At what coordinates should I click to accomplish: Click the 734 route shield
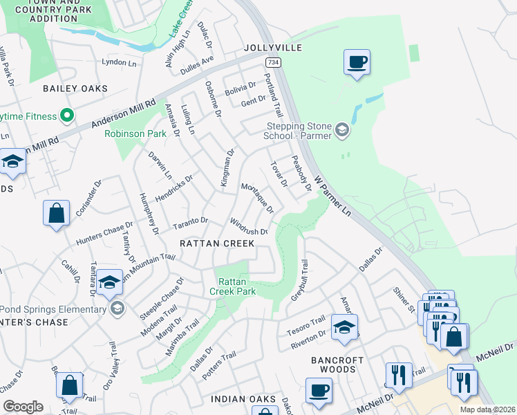[x=274, y=63]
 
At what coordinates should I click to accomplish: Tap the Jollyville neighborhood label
[x=273, y=48]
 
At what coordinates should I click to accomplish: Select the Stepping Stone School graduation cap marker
[x=341, y=129]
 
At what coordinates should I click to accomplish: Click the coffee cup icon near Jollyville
[x=357, y=62]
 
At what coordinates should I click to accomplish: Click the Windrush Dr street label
[x=248, y=226]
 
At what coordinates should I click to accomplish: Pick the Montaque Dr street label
[x=257, y=198]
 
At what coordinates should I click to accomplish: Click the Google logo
[x=23, y=407]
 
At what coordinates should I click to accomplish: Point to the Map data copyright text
[x=488, y=409]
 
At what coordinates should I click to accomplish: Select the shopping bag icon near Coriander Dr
[x=56, y=213]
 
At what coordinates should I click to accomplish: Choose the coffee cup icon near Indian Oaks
[x=319, y=390]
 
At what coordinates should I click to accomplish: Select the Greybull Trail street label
[x=299, y=279]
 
